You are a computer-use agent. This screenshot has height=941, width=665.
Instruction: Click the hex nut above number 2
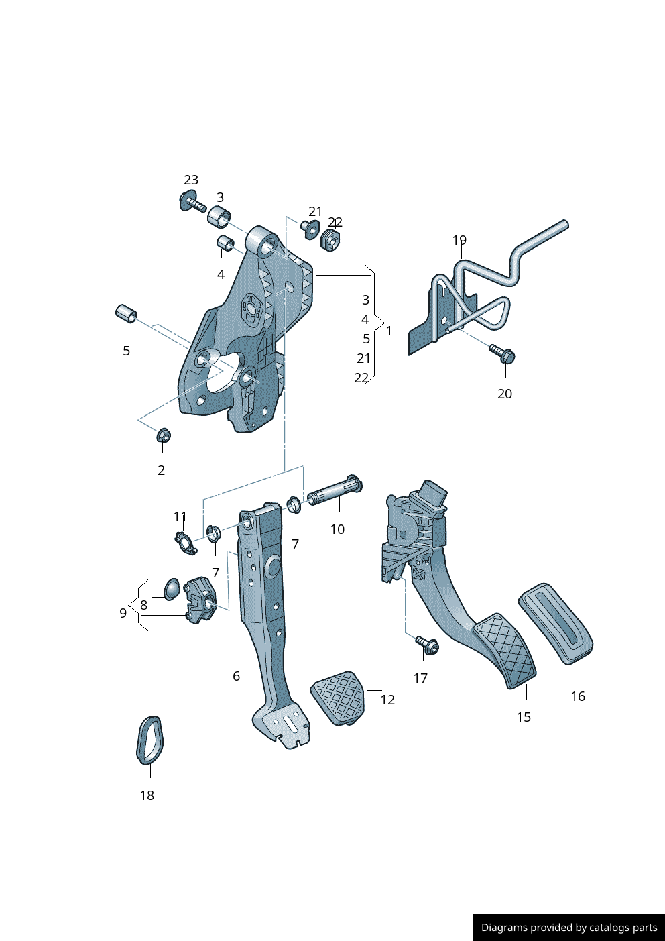(164, 435)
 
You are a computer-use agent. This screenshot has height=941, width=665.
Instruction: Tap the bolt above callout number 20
(502, 353)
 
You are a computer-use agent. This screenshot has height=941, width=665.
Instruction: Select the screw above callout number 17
(427, 645)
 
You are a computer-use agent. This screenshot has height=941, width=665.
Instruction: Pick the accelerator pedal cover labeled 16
(556, 623)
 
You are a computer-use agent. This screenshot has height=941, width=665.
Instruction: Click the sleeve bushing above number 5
(126, 313)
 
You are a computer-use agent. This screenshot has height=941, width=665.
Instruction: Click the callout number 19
(459, 240)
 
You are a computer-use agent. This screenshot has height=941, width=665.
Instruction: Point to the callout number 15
(524, 717)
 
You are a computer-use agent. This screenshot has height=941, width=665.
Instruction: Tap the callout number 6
(236, 676)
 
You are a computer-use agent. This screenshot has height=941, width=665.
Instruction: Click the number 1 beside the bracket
(389, 331)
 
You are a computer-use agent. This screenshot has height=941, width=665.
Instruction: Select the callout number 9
(123, 612)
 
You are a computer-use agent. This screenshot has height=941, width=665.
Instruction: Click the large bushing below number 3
(219, 217)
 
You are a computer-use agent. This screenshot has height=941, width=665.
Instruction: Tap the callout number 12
(387, 700)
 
